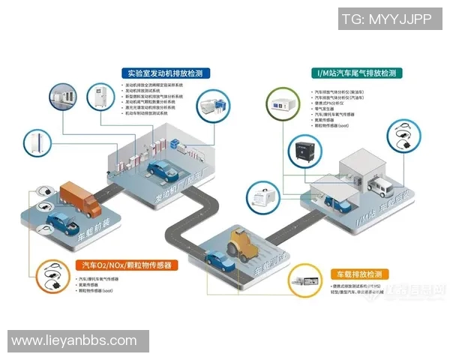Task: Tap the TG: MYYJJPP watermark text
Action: [386, 19]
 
